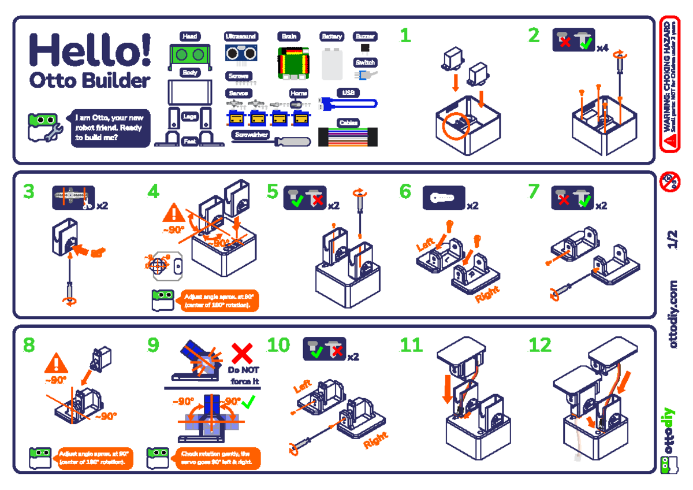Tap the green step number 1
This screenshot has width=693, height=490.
(x=405, y=36)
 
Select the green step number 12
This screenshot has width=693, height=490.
(x=540, y=346)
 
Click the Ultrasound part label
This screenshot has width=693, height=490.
(x=241, y=36)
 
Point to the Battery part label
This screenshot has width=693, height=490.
(x=332, y=36)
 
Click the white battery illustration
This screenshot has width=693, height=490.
(x=333, y=64)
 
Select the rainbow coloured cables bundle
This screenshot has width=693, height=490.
(x=348, y=138)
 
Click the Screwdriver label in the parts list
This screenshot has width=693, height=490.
(x=251, y=135)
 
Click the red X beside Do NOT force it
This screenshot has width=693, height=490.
(x=243, y=353)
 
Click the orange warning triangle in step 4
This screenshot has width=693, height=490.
(x=173, y=213)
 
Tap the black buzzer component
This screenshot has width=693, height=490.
(x=364, y=47)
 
